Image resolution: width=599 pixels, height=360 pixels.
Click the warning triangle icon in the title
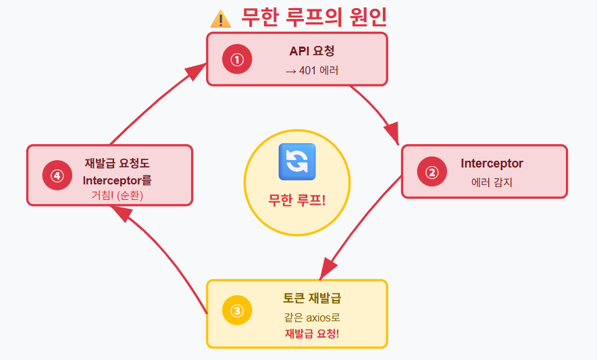pyautogui.click(x=221, y=18)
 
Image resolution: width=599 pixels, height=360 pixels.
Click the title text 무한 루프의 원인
pyautogui.click(x=314, y=18)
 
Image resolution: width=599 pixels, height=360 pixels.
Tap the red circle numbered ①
pyautogui.click(x=237, y=59)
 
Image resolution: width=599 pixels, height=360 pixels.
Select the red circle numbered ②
pyautogui.click(x=432, y=172)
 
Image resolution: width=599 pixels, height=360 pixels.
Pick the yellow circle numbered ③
pyautogui.click(x=237, y=311)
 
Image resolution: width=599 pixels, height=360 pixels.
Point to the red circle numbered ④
pyautogui.click(x=57, y=176)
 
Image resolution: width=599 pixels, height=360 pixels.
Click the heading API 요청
pyautogui.click(x=312, y=51)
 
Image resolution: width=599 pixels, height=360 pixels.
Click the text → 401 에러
pyautogui.click(x=312, y=70)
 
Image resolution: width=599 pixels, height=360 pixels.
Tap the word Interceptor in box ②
pyautogui.click(x=492, y=163)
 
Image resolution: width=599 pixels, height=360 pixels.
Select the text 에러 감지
pyautogui.click(x=492, y=182)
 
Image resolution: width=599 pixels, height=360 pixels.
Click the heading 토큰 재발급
pyautogui.click(x=311, y=298)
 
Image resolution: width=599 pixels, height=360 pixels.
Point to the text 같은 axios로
pyautogui.click(x=311, y=317)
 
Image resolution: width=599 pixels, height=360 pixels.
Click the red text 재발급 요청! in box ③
pyautogui.click(x=311, y=334)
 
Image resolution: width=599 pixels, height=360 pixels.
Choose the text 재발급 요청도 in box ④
pyautogui.click(x=118, y=162)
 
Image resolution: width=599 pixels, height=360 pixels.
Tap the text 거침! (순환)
pyautogui.click(x=118, y=195)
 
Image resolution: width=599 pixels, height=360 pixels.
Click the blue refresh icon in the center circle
pyautogui.click(x=297, y=162)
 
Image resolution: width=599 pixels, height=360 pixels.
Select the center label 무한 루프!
pyautogui.click(x=297, y=200)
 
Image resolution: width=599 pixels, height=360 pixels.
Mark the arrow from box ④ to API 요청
pyautogui.click(x=155, y=101)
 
